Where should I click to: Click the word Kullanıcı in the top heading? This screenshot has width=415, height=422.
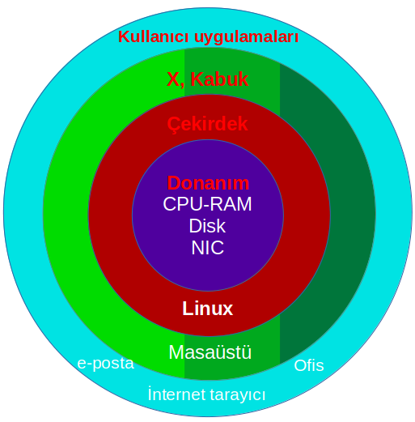click(x=153, y=36)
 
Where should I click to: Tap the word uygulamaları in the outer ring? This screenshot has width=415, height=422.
click(x=246, y=38)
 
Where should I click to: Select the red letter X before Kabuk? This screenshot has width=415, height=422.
click(x=173, y=79)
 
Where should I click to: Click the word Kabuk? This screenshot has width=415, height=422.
click(x=219, y=79)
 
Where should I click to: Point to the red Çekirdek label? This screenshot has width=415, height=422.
click(x=207, y=125)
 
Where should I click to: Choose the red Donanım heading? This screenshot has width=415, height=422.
click(x=208, y=183)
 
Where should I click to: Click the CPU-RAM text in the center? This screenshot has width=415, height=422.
click(x=207, y=204)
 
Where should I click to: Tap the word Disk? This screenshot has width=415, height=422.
click(x=207, y=226)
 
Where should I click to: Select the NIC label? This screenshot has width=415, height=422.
click(x=207, y=247)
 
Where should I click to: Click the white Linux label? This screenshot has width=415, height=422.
click(x=207, y=308)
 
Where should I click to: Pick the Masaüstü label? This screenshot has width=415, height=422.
click(x=210, y=352)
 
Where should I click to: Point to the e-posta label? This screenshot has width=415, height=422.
click(x=106, y=364)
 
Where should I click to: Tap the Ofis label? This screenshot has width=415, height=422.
click(x=309, y=365)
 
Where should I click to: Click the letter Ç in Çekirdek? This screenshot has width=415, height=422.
click(x=173, y=125)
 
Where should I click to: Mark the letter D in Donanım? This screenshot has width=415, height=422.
click(x=173, y=183)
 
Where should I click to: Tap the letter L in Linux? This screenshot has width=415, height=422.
click(x=187, y=308)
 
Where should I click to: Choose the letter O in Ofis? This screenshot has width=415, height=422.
click(x=299, y=366)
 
